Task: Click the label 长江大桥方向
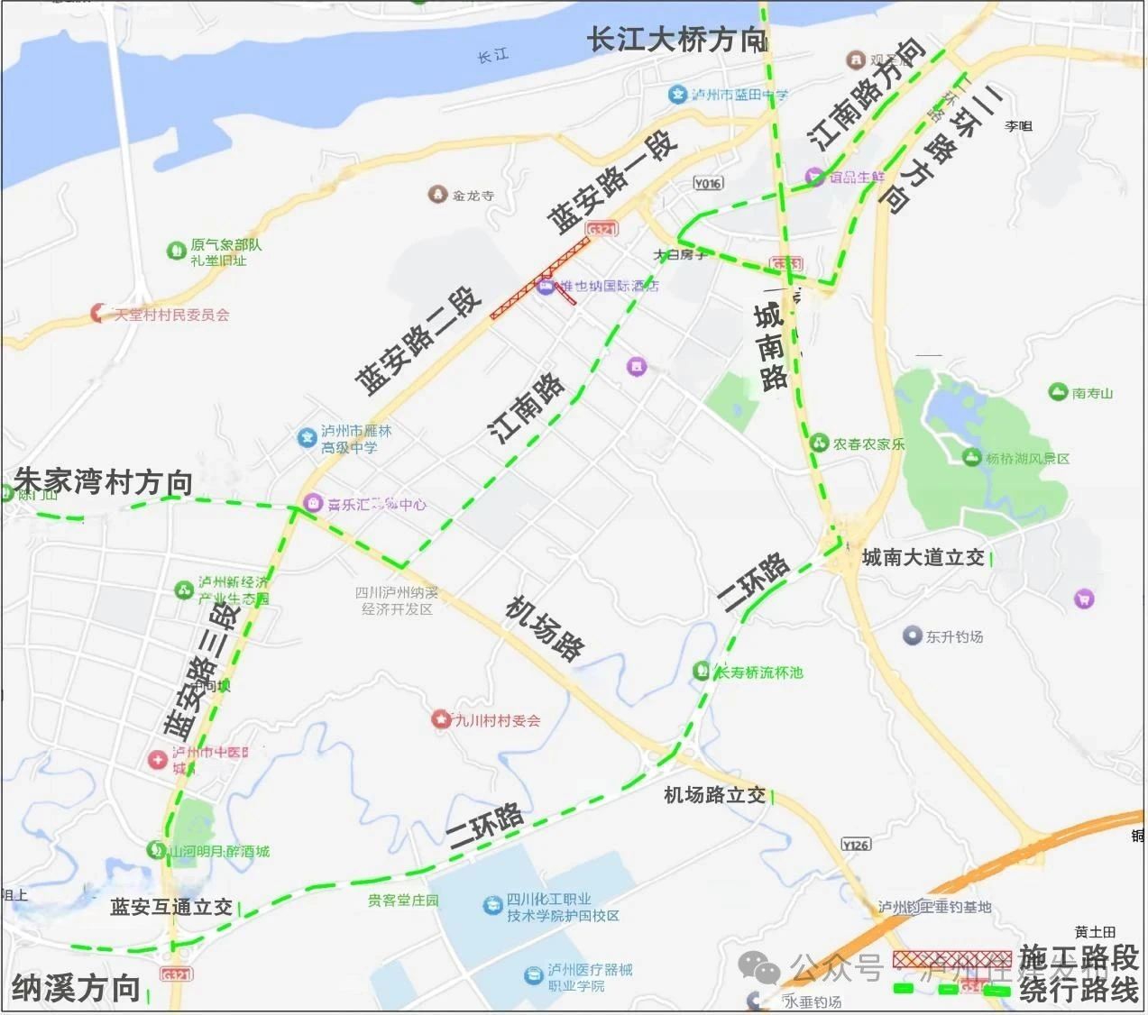[676, 40]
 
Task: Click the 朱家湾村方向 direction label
[104, 482]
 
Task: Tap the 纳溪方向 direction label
[76, 988]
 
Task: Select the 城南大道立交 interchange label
[923, 558]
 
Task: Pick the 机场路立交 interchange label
[714, 795]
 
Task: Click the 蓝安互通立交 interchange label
[171, 907]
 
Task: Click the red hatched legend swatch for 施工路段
[951, 959]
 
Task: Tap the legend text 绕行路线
[1079, 991]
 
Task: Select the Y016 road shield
[708, 183]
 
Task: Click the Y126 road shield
[856, 845]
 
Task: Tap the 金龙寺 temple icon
[438, 195]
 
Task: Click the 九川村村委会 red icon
[440, 719]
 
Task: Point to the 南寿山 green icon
[1058, 392]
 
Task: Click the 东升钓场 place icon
[913, 636]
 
